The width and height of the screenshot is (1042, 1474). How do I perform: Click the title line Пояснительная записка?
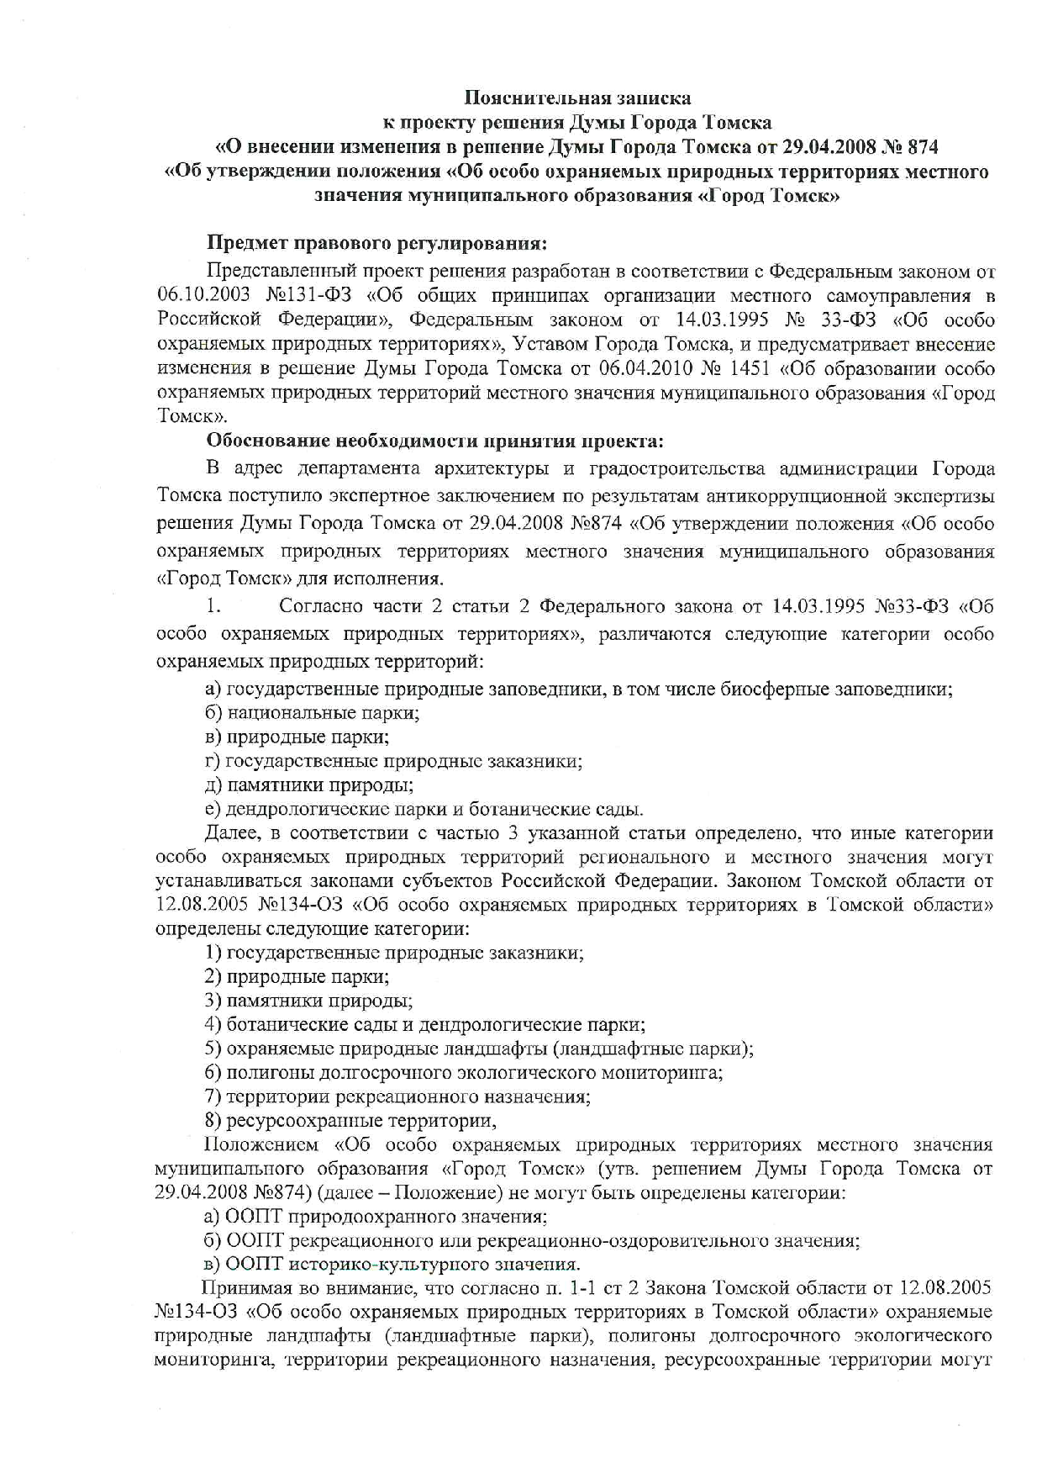578,98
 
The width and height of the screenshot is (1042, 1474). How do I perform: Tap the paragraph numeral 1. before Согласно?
213,606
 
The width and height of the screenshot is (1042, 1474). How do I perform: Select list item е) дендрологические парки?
424,810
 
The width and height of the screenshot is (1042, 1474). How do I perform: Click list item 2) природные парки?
297,977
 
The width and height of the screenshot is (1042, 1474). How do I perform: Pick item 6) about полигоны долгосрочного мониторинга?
464,1073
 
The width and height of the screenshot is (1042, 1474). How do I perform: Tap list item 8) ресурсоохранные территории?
350,1121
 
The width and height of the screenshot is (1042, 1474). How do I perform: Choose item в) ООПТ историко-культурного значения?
392,1265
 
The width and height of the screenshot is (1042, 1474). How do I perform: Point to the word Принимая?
244,1289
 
